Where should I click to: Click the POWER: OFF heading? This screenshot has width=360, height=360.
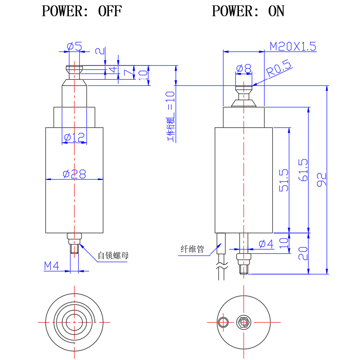point(81,11)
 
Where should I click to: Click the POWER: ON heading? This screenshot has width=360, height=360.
point(248,11)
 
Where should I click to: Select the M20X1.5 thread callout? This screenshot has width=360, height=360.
point(293,46)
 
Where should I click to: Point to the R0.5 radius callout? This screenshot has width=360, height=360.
point(279,70)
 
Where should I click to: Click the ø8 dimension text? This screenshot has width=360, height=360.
point(244,68)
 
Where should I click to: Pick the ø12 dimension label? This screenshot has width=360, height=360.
point(75,138)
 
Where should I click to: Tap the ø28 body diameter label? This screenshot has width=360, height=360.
point(75,174)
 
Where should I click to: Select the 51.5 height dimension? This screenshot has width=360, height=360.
point(283,180)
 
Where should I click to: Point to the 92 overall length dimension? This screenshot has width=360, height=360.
point(321,179)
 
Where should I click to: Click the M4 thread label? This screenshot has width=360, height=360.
point(51,266)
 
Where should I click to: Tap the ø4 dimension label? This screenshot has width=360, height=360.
point(266,244)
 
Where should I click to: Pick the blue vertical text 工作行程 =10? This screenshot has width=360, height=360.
point(170,116)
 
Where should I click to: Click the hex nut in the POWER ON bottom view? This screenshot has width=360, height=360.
point(243,322)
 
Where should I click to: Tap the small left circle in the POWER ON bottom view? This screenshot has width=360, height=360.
point(223,322)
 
